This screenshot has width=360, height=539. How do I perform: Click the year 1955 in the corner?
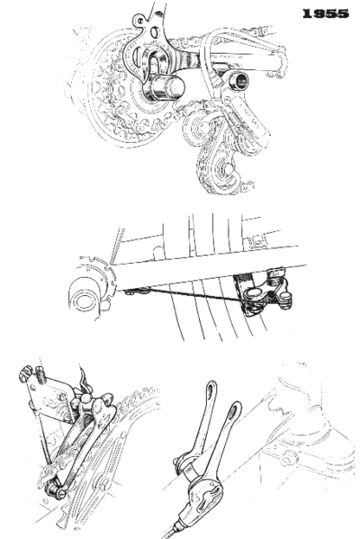pyautogui.click(x=326, y=13)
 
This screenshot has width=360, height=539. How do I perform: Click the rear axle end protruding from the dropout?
pyautogui.click(x=165, y=87)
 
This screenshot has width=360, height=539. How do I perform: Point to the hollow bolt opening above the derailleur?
pyautogui.click(x=239, y=81)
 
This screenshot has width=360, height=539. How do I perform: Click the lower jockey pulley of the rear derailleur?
pyautogui.click(x=226, y=168)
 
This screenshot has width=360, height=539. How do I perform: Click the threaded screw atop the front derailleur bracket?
pyautogui.click(x=41, y=375)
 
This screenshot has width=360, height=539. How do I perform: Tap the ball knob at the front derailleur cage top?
pyautogui.click(x=86, y=400)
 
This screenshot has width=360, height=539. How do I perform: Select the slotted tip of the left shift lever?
pyautogui.click(x=211, y=390)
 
